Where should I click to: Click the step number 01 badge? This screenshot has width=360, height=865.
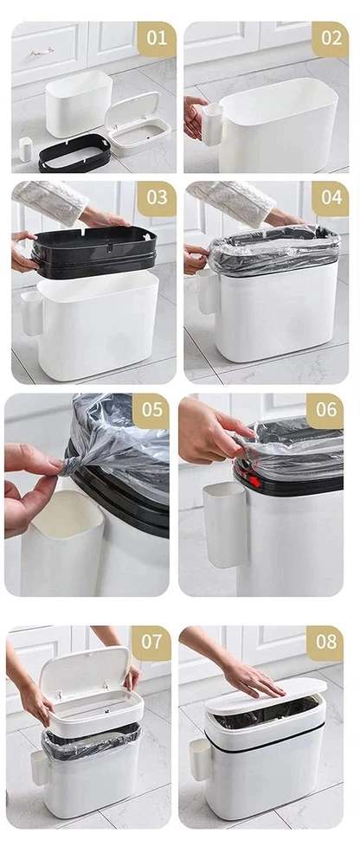click(x=157, y=39)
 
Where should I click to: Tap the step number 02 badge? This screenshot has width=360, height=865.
click(x=331, y=39)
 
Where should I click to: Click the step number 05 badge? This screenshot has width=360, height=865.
click(x=151, y=410)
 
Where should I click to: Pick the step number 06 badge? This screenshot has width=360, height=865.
click(x=325, y=410)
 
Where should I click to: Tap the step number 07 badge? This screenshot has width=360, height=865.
click(x=151, y=643)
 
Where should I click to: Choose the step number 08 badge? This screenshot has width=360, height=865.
click(x=325, y=643)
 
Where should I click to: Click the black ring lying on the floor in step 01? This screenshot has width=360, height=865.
click(x=74, y=153)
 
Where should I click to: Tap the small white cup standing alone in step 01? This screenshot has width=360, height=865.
click(x=25, y=149)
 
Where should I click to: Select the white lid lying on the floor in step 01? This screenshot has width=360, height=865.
click(x=138, y=124)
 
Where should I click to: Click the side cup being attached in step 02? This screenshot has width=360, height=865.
click(x=212, y=124)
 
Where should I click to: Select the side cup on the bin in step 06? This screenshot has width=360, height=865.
click(x=225, y=524)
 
